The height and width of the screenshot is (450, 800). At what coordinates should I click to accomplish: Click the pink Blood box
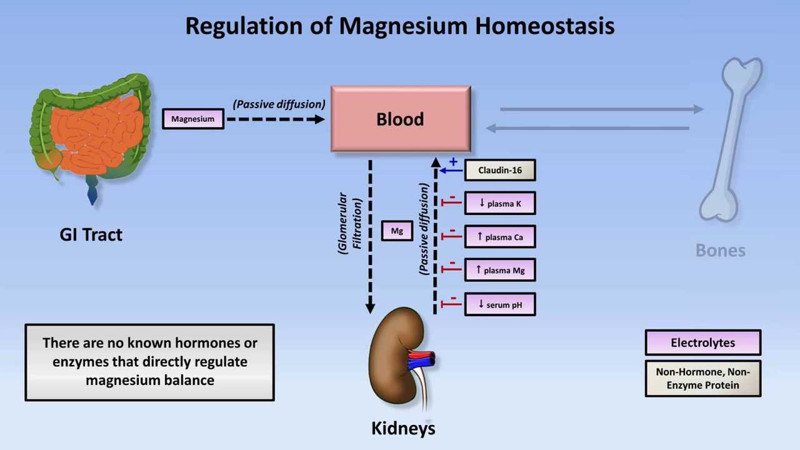400,119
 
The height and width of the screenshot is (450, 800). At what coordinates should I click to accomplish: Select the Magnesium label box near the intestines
192,119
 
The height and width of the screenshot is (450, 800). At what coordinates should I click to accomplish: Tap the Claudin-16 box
499,170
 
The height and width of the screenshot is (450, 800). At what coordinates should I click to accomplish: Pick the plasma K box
499,203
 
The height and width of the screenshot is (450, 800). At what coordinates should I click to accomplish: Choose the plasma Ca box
499,237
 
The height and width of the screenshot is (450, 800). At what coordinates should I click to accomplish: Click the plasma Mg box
499,270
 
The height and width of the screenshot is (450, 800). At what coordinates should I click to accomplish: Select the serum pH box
499,304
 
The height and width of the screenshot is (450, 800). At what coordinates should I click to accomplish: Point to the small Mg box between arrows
397,231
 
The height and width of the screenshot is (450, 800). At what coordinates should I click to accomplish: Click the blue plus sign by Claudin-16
453,162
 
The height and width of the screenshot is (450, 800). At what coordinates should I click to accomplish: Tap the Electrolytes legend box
702,342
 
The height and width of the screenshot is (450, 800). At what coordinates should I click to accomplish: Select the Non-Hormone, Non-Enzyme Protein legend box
702,378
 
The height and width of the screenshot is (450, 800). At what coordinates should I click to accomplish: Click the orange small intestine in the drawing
97,134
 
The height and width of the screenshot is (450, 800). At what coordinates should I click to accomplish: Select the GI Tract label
91,234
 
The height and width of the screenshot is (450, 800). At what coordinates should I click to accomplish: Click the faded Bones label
720,251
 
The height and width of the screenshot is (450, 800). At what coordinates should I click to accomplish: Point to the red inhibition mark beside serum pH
451,304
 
